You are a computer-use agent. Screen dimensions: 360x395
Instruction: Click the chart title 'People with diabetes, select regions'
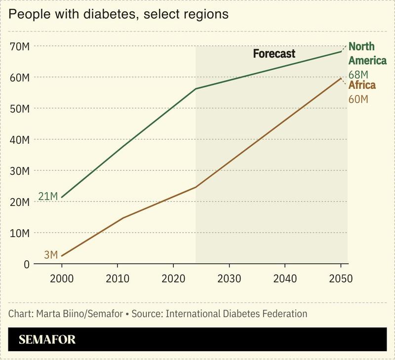(118, 14)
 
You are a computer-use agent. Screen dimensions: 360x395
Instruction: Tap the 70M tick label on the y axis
(20, 46)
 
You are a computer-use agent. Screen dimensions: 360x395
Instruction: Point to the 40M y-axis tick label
(20, 140)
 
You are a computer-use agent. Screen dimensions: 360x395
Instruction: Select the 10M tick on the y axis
(20, 233)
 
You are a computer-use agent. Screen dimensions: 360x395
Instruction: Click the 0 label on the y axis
(26, 264)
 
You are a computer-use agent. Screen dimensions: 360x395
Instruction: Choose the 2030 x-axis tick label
(229, 278)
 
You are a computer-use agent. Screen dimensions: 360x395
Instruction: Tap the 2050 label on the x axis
(341, 278)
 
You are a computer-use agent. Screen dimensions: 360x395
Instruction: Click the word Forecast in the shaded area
(274, 54)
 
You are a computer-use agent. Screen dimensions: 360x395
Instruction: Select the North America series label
(367, 53)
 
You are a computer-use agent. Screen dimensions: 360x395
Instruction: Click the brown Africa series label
(362, 85)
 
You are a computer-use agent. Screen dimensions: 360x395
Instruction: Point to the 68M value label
(358, 75)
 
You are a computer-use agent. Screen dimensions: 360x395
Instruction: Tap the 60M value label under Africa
(358, 99)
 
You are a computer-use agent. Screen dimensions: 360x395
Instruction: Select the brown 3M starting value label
(51, 255)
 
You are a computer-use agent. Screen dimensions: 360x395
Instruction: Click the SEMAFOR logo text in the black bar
(47, 340)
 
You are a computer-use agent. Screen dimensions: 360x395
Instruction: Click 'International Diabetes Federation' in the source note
(237, 314)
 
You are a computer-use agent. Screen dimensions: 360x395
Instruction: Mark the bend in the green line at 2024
(196, 89)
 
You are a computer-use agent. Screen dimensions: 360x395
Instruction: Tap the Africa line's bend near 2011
(123, 218)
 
